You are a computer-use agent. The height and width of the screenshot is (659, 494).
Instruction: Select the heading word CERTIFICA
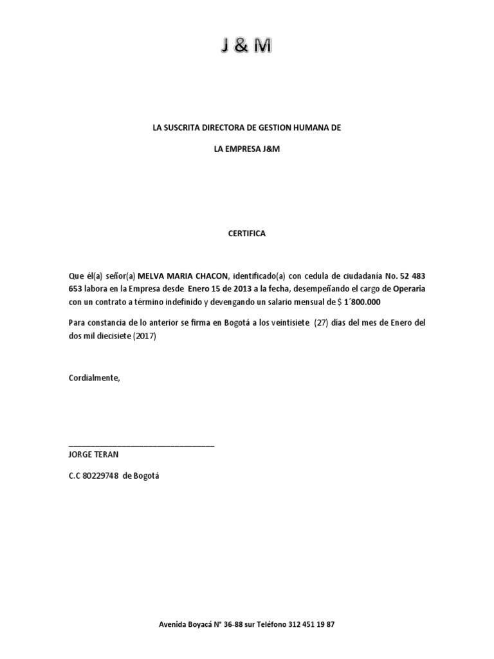[247, 234]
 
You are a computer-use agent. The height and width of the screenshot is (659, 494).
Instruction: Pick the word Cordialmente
[94, 378]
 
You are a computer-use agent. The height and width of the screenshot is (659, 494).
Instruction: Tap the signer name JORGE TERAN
[93, 454]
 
